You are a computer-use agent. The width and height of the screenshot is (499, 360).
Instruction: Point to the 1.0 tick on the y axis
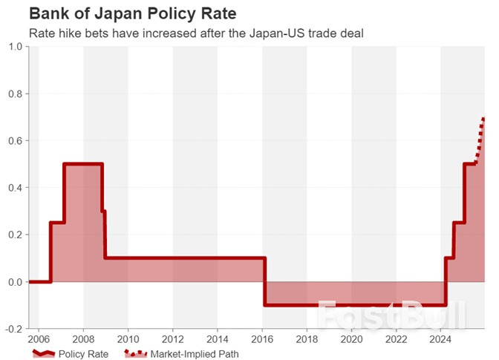(14, 47)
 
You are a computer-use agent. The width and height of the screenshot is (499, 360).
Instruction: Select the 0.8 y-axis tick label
(14, 94)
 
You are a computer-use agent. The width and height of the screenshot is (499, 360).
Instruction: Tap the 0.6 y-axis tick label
(14, 141)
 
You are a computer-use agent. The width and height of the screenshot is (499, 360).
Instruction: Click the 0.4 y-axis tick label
(14, 188)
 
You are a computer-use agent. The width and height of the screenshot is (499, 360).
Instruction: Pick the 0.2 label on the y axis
(14, 235)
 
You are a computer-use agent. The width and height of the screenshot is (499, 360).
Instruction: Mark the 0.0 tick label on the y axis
(14, 282)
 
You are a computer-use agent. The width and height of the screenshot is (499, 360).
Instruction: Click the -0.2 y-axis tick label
(13, 329)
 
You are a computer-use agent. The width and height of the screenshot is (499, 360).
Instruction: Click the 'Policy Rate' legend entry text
(83, 354)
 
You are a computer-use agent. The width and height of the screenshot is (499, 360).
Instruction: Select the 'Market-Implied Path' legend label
(195, 354)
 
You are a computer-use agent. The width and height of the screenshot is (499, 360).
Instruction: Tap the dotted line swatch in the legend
(134, 354)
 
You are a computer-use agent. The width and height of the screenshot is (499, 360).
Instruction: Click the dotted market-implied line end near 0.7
(483, 120)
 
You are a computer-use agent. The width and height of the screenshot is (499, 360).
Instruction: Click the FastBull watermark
(391, 315)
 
